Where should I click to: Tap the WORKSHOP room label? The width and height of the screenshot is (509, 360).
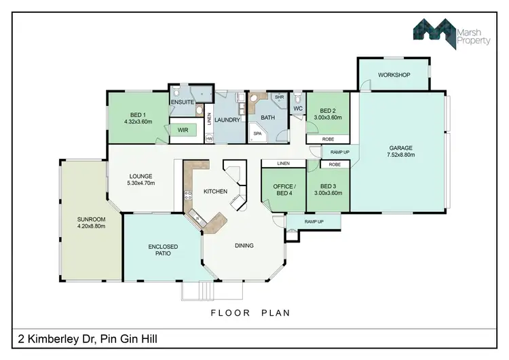pos(394,75)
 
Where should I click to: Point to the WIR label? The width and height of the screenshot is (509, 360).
pos(182,129)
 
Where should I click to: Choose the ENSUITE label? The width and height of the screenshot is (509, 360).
pos(183,103)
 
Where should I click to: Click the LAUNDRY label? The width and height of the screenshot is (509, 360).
pos(227,120)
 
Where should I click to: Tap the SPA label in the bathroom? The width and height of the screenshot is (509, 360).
pos(257,134)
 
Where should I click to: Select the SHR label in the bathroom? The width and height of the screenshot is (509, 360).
pos(278,98)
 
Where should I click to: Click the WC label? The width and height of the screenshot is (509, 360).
pos(297,108)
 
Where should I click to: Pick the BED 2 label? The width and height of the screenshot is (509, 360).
pos(327,111)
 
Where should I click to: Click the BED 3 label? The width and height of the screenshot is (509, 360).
pos(327,186)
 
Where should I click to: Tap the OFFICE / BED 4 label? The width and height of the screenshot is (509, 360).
pos(284,190)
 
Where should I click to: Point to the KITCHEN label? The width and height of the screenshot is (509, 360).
pos(214,192)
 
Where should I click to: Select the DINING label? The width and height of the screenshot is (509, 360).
pos(244,245)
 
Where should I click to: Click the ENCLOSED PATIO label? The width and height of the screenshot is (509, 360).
pos(162,249)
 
